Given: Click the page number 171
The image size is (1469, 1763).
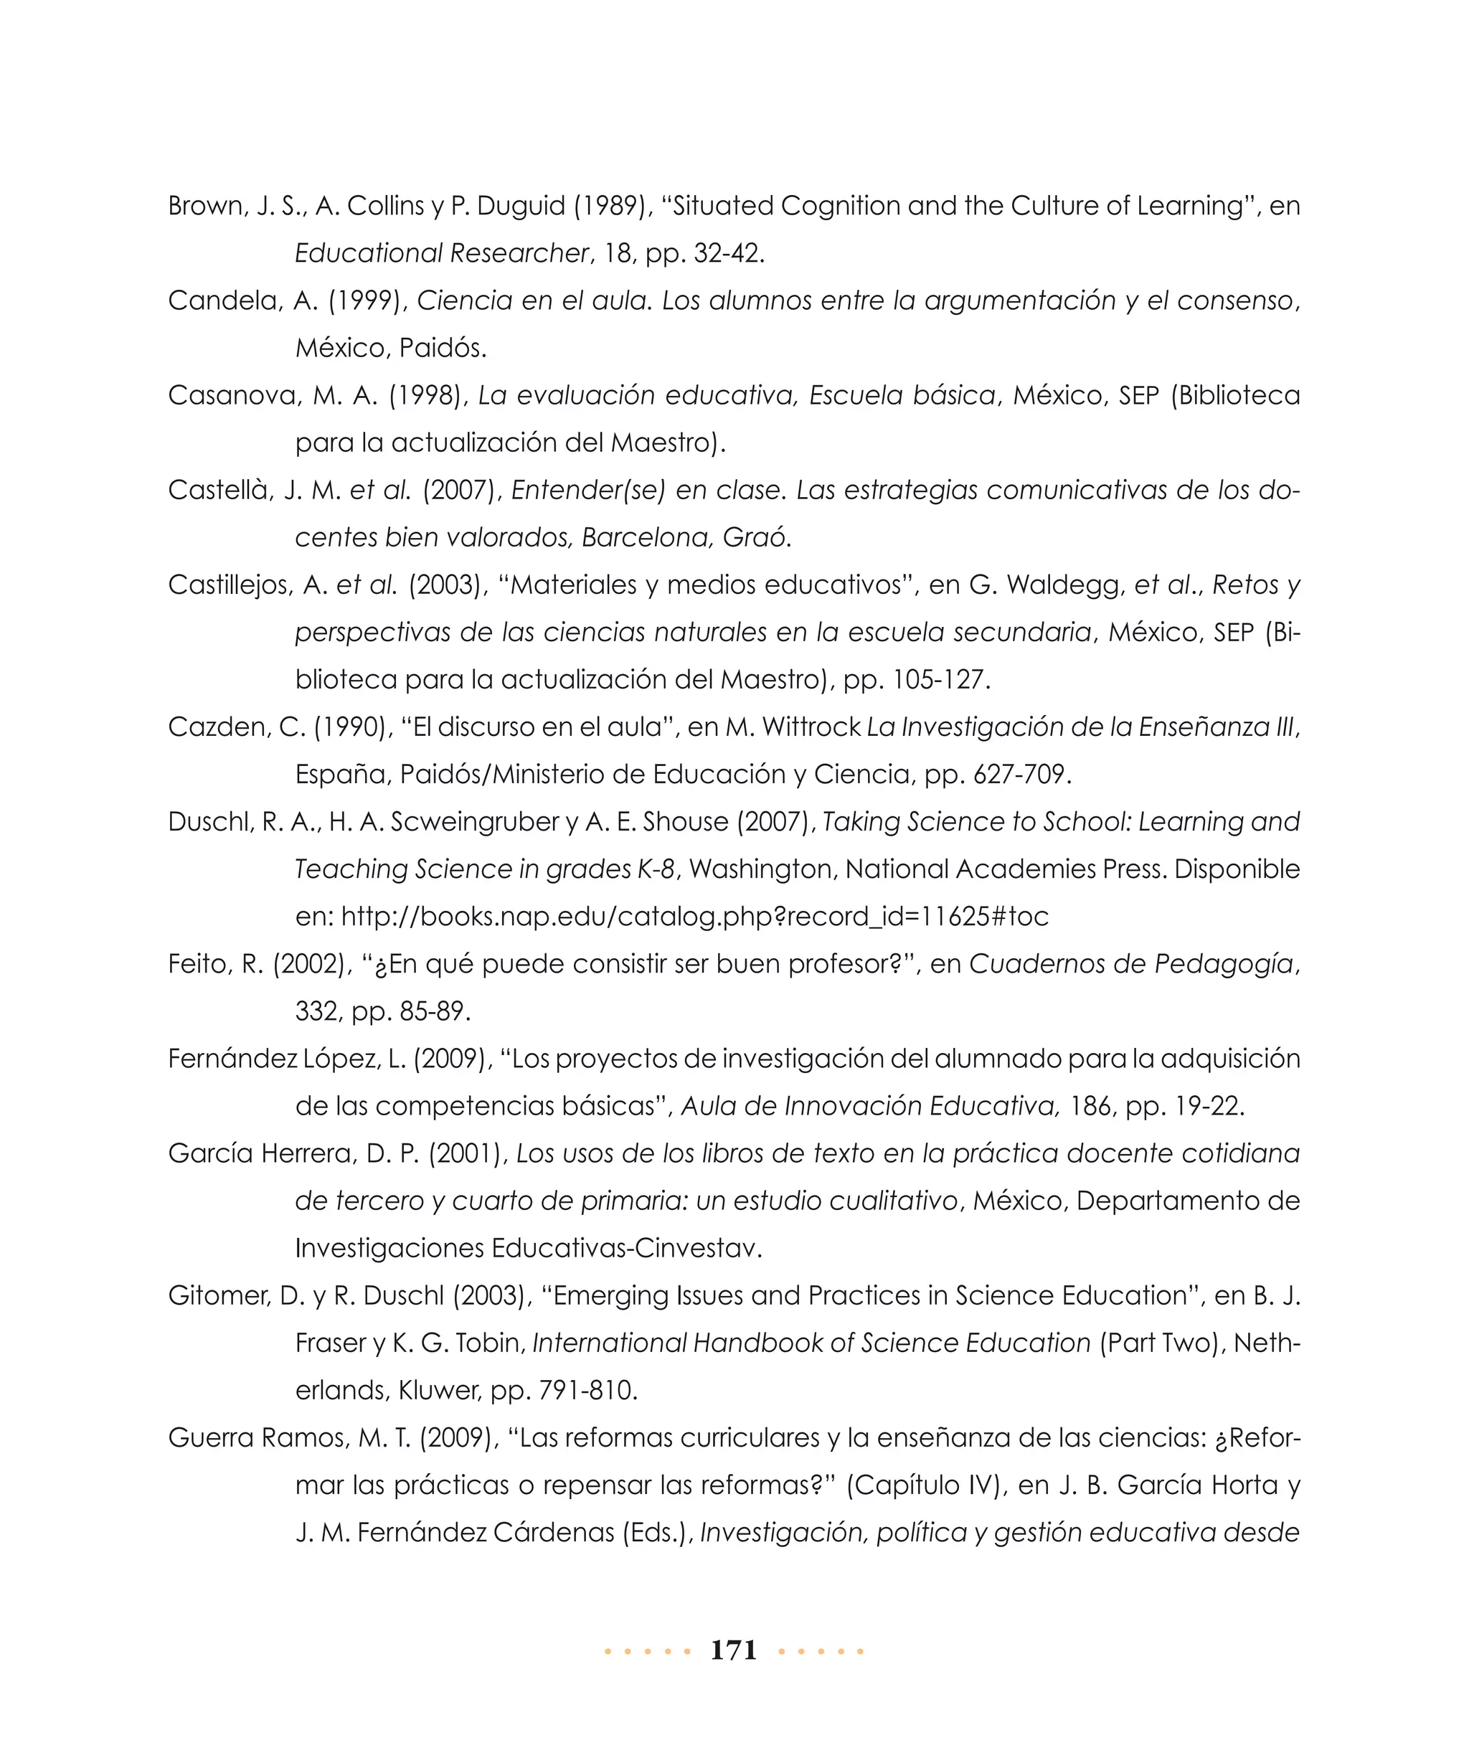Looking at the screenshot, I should pos(733,1650).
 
